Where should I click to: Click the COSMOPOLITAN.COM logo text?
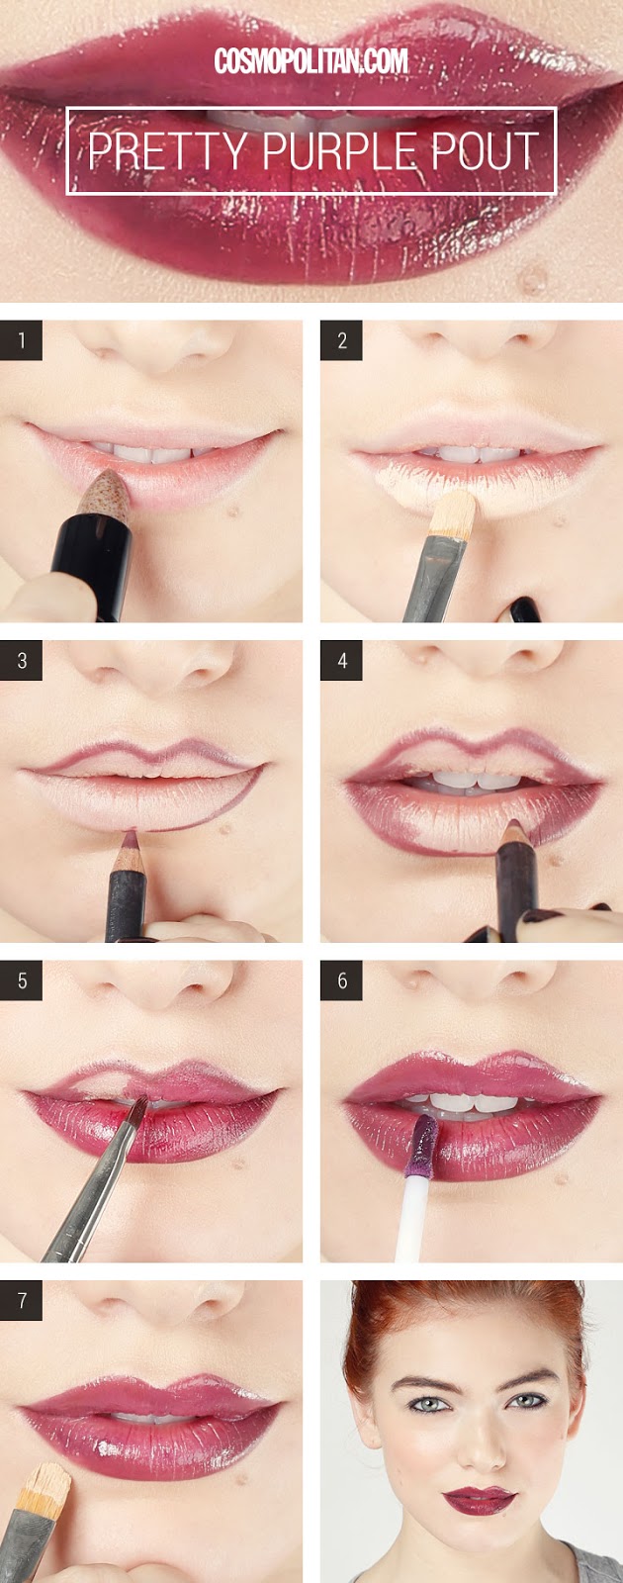click(311, 61)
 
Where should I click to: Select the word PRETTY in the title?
click(167, 152)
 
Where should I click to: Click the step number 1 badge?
click(22, 341)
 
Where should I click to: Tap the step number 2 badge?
click(341, 341)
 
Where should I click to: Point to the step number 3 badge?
click(22, 661)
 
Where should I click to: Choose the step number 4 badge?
click(341, 661)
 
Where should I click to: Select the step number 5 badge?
click(22, 981)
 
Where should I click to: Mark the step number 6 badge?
click(341, 981)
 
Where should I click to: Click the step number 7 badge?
click(22, 1301)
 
